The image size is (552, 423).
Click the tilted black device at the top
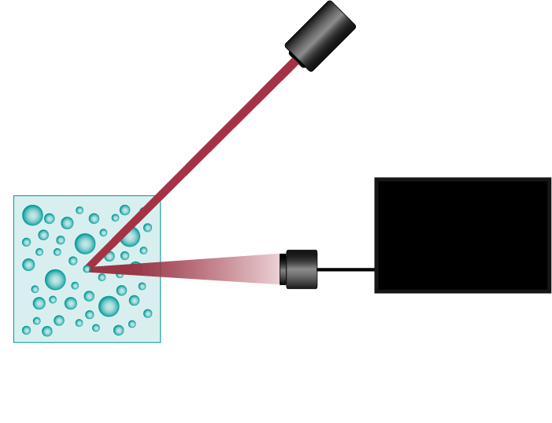click(x=320, y=35)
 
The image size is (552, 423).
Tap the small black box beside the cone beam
click(x=302, y=269)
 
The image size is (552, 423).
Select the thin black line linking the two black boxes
click(x=346, y=269)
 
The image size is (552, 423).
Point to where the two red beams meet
click(x=90, y=268)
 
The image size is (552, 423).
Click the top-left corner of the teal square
click(x=13, y=195)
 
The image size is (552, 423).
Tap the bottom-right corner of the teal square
click(x=161, y=343)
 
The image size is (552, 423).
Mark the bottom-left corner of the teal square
click(x=13, y=343)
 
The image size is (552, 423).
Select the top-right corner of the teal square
click(x=161, y=195)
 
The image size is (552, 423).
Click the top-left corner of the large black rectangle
click(x=375, y=178)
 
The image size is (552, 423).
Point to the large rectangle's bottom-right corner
click(x=550, y=292)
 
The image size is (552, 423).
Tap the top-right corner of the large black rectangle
click(x=550, y=178)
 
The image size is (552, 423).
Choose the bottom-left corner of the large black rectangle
click(x=375, y=292)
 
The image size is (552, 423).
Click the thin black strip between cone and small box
click(x=283, y=269)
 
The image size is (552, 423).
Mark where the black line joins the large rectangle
click(x=375, y=269)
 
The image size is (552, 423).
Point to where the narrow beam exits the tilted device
click(x=295, y=61)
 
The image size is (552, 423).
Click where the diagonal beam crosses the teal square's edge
click(x=160, y=195)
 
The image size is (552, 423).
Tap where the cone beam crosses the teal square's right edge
click(x=161, y=269)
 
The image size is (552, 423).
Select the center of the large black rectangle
click(x=463, y=236)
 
